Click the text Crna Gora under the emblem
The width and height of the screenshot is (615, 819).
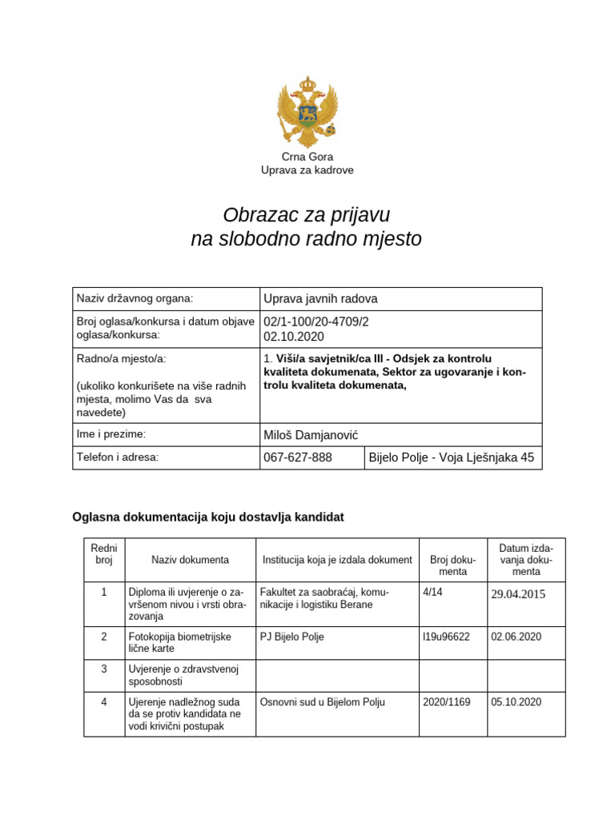[307, 157]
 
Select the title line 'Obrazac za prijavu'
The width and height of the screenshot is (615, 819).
[307, 214]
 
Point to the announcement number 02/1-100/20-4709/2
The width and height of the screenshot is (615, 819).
[316, 322]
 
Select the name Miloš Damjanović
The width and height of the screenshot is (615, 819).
[311, 434]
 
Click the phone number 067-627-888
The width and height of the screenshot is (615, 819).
[297, 458]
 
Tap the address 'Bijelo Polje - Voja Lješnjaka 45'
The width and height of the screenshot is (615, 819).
[451, 458]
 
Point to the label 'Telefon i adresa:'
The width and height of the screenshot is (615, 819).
[118, 457]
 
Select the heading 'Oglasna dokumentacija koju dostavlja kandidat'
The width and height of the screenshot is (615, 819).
[208, 517]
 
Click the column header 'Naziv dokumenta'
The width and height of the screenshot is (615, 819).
[190, 560]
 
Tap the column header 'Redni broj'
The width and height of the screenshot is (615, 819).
[103, 553]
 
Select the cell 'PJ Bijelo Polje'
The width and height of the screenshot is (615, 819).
[292, 637]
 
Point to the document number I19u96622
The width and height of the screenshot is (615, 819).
[446, 637]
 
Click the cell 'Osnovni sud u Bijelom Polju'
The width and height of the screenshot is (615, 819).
[323, 702]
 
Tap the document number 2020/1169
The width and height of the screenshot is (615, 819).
[446, 702]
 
